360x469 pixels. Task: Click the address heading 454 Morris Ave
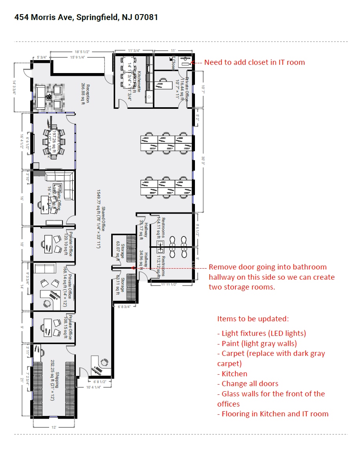tap(86, 17)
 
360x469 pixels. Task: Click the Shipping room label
tap(54, 379)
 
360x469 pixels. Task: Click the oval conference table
tap(54, 141)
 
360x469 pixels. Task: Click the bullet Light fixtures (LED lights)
tap(261, 333)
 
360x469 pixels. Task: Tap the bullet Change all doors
tap(248, 384)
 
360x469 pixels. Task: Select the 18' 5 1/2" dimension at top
tap(83, 51)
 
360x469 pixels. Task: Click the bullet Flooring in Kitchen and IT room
tap(273, 414)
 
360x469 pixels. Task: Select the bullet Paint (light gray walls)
tap(257, 343)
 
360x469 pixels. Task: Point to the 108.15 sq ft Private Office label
tap(69, 327)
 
